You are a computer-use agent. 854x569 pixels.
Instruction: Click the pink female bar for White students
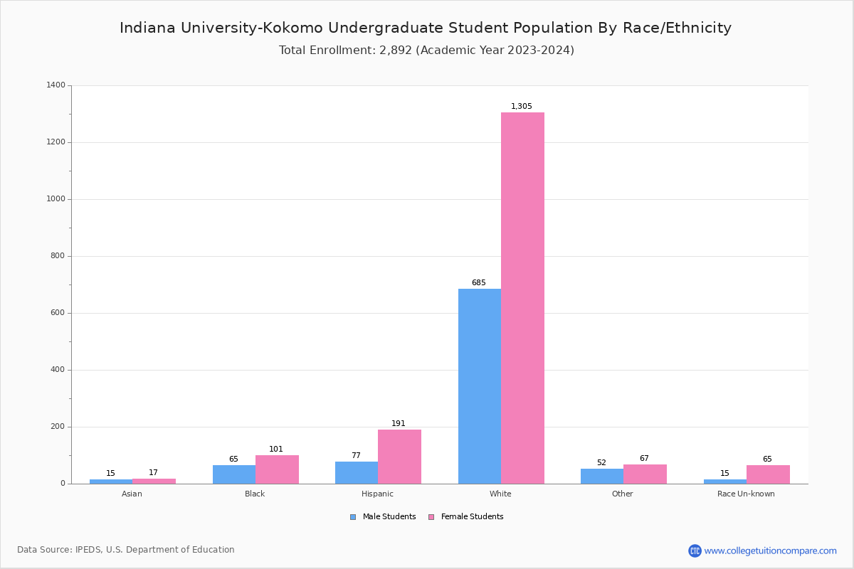pos(522,298)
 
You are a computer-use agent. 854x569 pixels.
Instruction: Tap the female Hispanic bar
pos(399,457)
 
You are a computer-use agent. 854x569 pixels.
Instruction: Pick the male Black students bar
pos(233,474)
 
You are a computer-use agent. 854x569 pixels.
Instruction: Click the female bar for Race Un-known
pos(768,474)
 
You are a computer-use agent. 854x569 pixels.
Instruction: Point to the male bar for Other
pos(601,476)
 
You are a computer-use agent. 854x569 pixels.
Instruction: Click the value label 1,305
pos(522,107)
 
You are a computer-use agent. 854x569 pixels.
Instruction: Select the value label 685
pos(479,283)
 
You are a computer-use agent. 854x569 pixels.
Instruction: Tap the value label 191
pos(399,424)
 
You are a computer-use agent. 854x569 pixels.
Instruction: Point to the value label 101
pos(276,450)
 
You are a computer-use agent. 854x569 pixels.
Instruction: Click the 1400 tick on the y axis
pos(56,85)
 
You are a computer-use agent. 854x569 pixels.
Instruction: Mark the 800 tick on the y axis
pos(58,256)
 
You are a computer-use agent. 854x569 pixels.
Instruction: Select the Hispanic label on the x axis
pos(377,494)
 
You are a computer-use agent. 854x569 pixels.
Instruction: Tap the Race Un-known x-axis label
pos(746,494)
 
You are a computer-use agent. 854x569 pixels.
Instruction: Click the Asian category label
pos(132,494)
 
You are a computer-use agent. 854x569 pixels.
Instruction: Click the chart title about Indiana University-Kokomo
pos(426,28)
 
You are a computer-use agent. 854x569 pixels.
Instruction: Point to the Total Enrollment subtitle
pos(426,50)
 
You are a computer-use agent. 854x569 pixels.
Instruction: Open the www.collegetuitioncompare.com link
pos(770,551)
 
